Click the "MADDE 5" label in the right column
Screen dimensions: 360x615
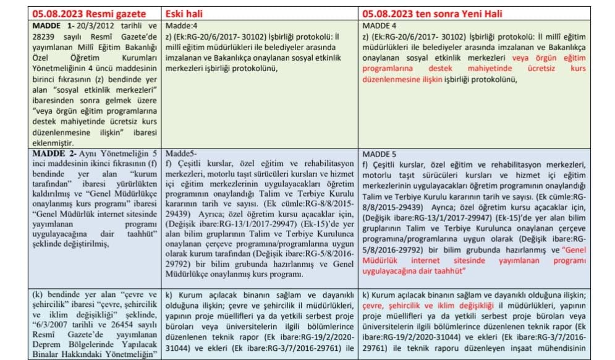(x=378, y=153)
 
